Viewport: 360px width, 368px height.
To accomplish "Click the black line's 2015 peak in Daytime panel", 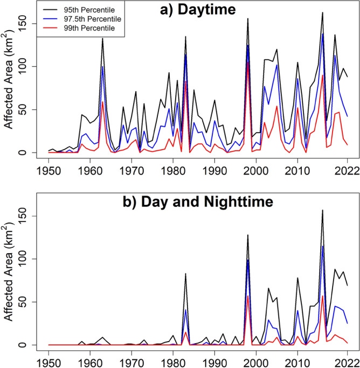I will point(322,12).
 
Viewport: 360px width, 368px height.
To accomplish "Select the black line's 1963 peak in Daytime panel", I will point(102,38).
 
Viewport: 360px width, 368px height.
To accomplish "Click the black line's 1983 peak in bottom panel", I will point(185,274).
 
